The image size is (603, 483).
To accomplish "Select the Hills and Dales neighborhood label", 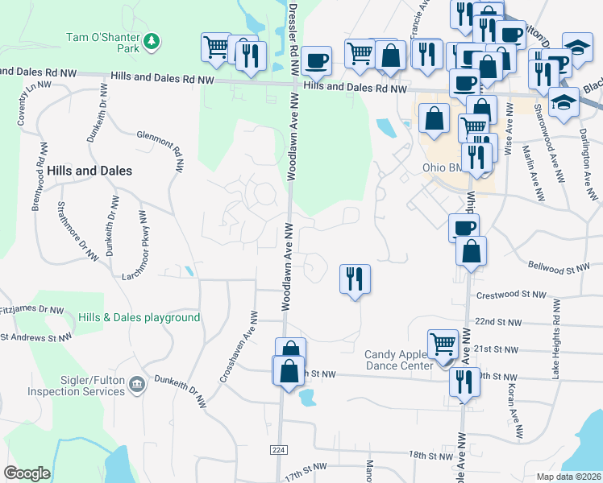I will [89, 171].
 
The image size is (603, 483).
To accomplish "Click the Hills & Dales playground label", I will [139, 318].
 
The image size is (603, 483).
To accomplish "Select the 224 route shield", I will [279, 449].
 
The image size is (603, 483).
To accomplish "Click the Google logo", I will [27, 473].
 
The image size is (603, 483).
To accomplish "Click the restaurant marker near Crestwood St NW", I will [355, 279].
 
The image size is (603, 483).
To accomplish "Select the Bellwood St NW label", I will [559, 266].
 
